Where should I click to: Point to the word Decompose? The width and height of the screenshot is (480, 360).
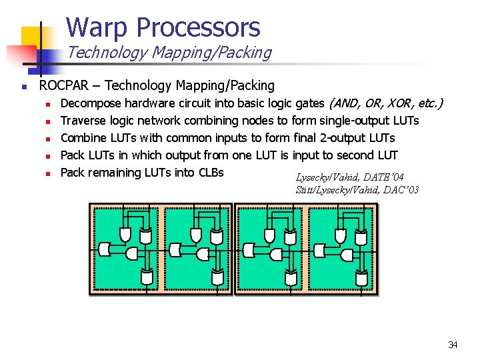[x=90, y=103]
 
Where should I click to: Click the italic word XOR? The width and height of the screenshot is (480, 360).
[x=395, y=103]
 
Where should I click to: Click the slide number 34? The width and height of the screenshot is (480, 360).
[x=453, y=345]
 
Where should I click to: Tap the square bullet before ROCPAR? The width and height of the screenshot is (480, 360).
[x=23, y=86]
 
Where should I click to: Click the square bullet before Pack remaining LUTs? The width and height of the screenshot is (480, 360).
[x=48, y=173]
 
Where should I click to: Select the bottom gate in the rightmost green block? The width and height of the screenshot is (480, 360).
[x=361, y=275]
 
